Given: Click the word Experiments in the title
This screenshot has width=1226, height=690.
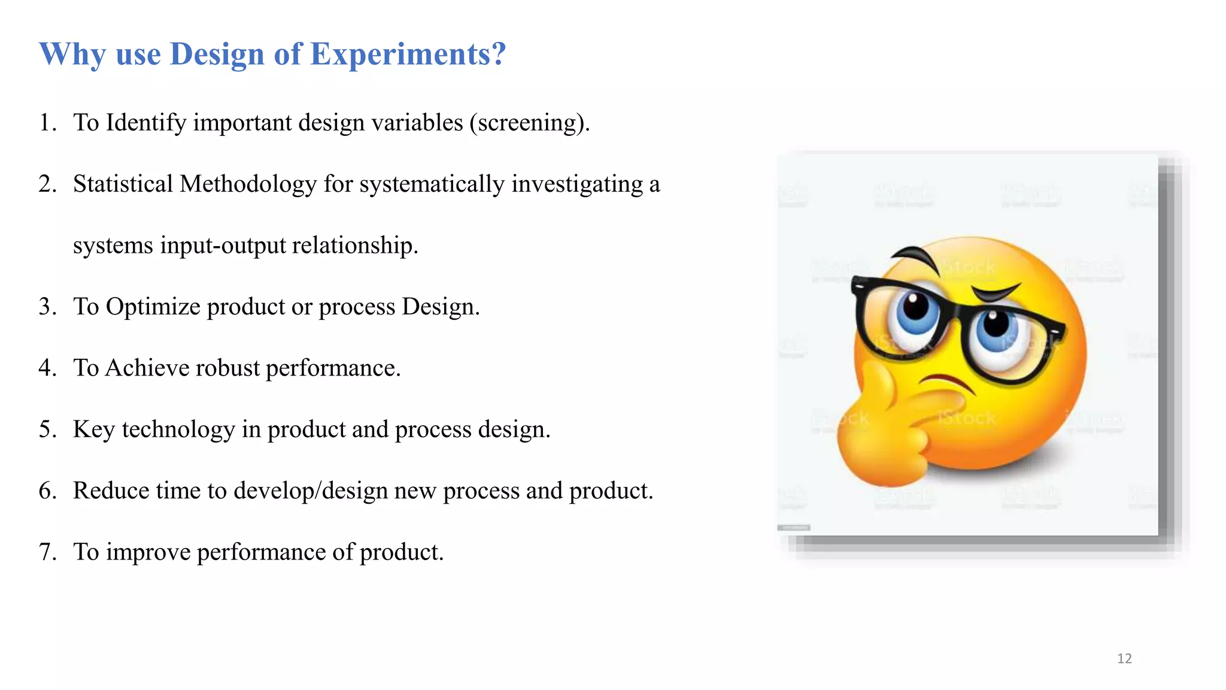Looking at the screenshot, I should [408, 55].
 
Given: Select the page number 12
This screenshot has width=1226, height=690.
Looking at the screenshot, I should [1124, 659].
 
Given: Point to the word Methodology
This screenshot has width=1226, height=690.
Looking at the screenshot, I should [248, 184].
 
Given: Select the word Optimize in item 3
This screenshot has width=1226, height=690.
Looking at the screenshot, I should [153, 307].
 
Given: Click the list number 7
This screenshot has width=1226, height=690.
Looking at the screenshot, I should [47, 552].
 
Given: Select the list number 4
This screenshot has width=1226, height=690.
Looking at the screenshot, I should [47, 368].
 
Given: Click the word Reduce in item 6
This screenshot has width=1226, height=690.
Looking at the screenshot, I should [111, 491].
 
